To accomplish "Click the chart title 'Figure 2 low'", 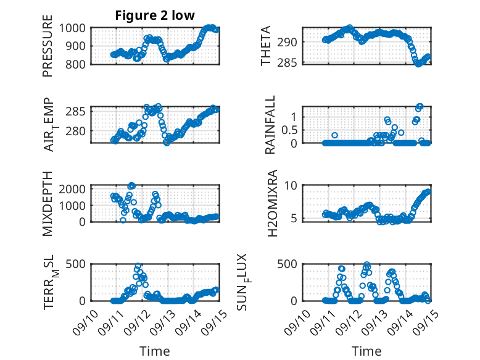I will click(x=155, y=15).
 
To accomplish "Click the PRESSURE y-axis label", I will click(x=48, y=50).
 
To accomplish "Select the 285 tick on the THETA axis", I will click(x=291, y=62).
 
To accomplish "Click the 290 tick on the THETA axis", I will click(x=291, y=42).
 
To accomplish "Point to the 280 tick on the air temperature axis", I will click(x=80, y=131).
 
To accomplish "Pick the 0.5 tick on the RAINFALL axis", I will click(x=288, y=130).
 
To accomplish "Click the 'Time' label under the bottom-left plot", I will click(x=155, y=351).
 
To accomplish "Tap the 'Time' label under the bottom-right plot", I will click(x=366, y=351).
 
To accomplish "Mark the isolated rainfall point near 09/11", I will click(x=334, y=135).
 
